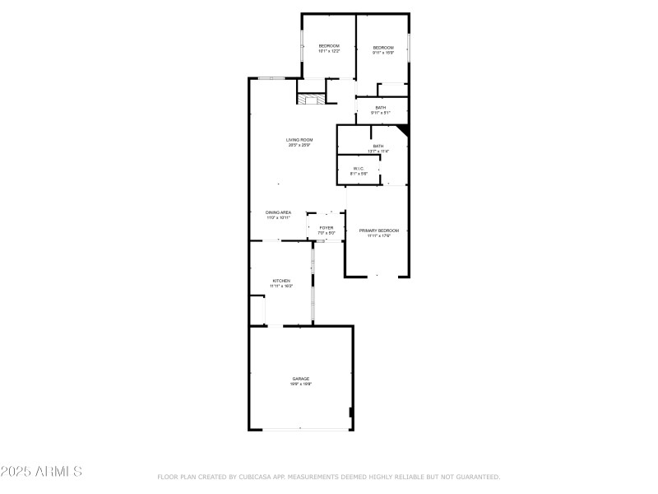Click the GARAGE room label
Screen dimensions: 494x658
click(300, 379)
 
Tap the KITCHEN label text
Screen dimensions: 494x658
click(281, 281)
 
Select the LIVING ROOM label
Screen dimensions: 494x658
click(299, 140)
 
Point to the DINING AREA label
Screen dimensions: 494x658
click(278, 212)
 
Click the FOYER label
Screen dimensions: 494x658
click(327, 227)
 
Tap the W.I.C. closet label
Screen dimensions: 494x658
click(359, 168)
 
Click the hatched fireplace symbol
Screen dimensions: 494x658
click(311, 100)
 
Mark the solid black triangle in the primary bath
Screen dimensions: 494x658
click(403, 130)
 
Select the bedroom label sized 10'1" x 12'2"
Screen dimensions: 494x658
click(329, 45)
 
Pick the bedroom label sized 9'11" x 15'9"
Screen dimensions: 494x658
click(383, 48)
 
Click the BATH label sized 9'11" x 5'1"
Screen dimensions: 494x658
click(380, 107)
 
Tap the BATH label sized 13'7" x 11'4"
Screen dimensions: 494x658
click(378, 146)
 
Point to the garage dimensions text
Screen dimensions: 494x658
click(300, 384)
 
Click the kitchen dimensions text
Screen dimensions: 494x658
click(281, 287)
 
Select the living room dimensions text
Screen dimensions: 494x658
click(299, 146)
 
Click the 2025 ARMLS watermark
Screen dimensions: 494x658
click(41, 472)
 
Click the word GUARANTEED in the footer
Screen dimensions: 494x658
click(478, 477)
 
